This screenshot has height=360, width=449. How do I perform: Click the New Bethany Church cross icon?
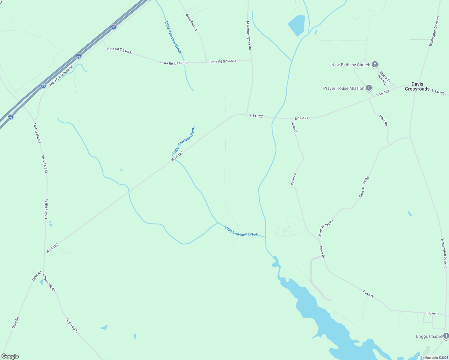[375, 64]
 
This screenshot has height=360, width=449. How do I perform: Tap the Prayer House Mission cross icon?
[369, 88]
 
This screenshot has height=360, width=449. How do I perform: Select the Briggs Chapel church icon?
[446, 336]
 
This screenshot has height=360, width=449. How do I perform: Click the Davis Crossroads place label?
[417, 86]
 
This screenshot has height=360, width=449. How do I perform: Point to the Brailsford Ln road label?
[191, 22]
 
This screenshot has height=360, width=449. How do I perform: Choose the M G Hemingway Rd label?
[249, 35]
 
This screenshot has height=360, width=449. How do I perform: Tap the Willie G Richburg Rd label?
[61, 76]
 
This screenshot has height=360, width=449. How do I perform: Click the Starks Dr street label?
[385, 77]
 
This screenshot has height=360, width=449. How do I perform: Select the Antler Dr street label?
[382, 80]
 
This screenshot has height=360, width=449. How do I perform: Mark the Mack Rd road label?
[383, 120]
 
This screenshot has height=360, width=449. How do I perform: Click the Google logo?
[10, 356]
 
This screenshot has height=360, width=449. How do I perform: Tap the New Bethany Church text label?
[351, 65]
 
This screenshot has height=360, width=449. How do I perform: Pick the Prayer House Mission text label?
[344, 88]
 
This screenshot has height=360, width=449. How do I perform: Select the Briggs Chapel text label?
[429, 336]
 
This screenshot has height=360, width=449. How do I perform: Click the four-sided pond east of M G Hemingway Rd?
[297, 25]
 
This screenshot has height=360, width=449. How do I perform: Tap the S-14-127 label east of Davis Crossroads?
[438, 93]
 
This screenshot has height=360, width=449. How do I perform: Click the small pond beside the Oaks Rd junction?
[42, 282]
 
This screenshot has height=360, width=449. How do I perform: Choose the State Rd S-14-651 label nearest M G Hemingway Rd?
[223, 61]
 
